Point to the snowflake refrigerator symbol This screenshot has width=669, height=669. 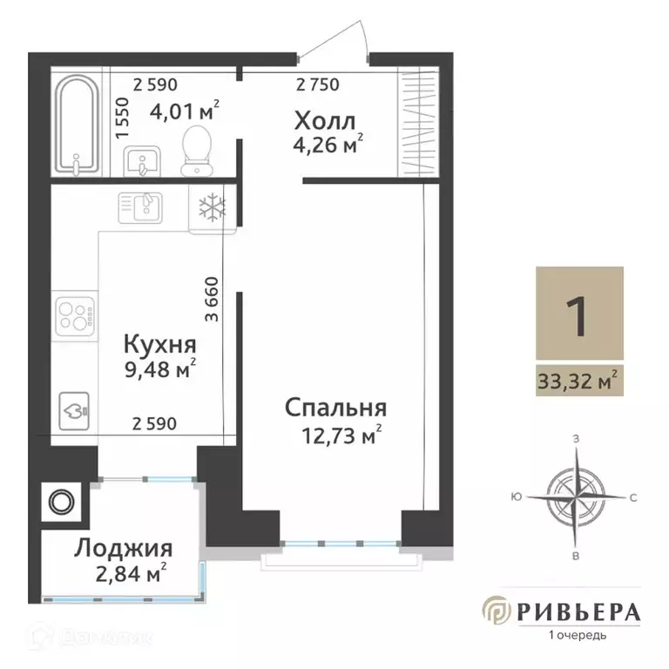(212, 207)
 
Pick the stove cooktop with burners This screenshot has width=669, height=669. (74, 315)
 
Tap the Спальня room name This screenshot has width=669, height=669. (335, 409)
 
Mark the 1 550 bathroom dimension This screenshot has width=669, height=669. (122, 114)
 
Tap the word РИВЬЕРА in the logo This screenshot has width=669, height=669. (578, 612)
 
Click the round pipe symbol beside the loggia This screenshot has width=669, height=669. (62, 503)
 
